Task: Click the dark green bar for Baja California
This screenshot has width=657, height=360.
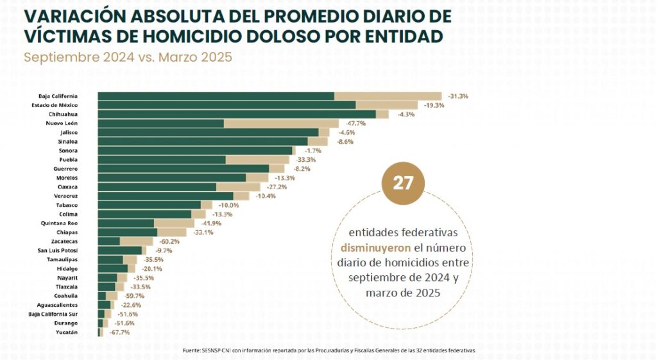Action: (216, 96)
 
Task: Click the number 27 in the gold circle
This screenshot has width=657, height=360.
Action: (403, 183)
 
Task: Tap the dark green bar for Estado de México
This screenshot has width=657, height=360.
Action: (226, 105)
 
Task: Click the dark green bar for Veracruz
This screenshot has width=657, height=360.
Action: (166, 196)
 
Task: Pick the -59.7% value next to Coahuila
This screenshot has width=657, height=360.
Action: (130, 296)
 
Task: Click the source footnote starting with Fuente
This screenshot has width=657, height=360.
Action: (328, 350)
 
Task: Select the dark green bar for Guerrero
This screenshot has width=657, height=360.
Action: (183, 169)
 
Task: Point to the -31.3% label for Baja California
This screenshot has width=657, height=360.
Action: (458, 96)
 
